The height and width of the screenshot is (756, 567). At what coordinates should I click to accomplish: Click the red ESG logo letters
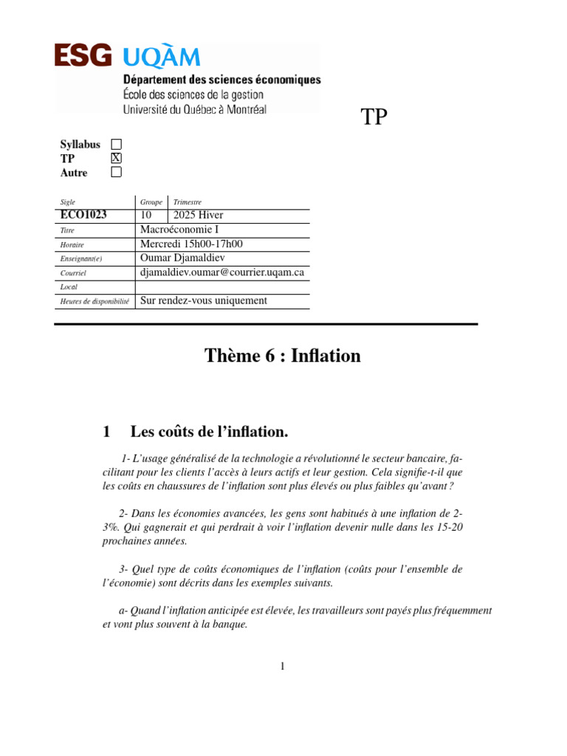(83, 57)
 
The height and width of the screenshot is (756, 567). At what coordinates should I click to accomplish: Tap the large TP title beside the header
(374, 117)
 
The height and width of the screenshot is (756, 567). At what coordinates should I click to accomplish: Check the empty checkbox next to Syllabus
(116, 144)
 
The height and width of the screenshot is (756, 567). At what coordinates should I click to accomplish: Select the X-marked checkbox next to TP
(116, 158)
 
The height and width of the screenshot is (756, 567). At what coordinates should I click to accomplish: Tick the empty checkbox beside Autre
(116, 172)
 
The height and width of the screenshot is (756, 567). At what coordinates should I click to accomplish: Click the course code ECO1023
(83, 215)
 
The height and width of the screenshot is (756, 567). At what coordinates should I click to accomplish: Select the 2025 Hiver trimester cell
(198, 215)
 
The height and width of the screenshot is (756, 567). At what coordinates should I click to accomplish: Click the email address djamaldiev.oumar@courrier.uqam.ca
(222, 272)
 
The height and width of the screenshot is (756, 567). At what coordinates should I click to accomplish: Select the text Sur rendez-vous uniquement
(203, 300)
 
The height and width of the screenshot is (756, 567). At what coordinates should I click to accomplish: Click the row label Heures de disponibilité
(94, 301)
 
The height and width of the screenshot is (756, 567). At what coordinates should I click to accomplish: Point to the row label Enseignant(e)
(81, 259)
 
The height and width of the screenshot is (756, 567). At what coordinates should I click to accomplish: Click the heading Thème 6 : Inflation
(283, 356)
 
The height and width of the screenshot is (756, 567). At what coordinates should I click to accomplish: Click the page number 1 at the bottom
(282, 667)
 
